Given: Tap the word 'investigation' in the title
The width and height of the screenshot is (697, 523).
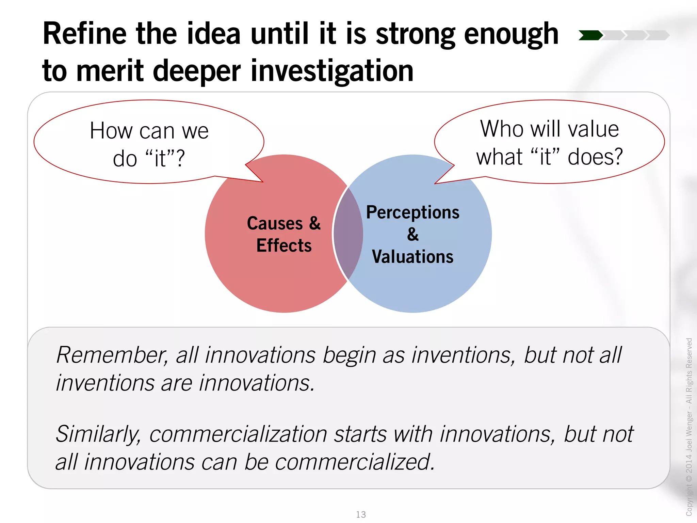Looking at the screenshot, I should click(332, 71).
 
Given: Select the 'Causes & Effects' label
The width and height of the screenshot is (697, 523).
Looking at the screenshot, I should click(284, 234).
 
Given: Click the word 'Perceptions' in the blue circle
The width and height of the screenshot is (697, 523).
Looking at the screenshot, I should click(412, 212).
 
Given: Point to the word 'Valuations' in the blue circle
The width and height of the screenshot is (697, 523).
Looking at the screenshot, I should click(412, 257).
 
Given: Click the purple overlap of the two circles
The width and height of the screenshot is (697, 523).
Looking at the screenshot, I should click(348, 234).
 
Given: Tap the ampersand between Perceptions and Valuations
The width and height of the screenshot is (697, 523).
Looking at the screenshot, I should click(413, 234).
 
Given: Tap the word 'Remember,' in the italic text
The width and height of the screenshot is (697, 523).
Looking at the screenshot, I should click(112, 355).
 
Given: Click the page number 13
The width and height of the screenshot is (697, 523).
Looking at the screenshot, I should click(361, 514).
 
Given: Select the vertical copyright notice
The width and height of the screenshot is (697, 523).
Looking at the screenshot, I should click(689, 426).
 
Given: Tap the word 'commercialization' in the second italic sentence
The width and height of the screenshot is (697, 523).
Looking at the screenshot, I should click(238, 434).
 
